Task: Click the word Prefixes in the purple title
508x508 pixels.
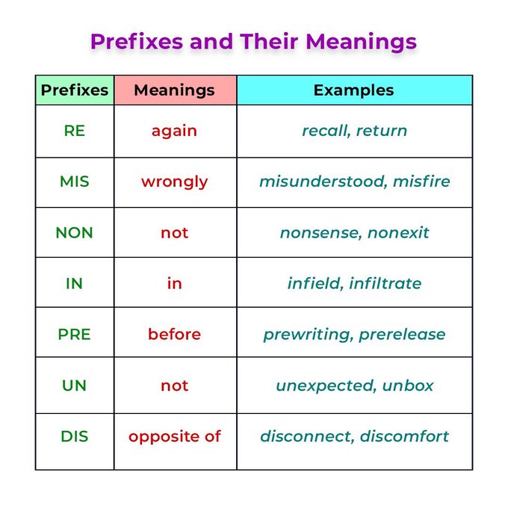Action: click(x=136, y=41)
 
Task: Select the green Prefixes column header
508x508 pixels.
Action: click(x=75, y=90)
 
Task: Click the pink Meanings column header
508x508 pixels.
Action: click(x=175, y=90)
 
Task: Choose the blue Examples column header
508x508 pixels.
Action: click(x=354, y=90)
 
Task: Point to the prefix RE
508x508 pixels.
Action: click(x=75, y=131)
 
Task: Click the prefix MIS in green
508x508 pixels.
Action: click(x=75, y=182)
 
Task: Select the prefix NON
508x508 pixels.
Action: click(x=75, y=232)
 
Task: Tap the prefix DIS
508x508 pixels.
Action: click(x=75, y=436)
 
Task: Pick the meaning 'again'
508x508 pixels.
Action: click(x=175, y=131)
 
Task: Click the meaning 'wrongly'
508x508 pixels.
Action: click(x=175, y=182)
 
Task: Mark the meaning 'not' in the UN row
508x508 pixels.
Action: click(x=175, y=385)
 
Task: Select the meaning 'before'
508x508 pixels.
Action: click(x=175, y=335)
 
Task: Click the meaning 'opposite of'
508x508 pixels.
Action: click(x=175, y=436)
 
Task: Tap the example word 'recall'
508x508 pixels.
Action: click(x=326, y=131)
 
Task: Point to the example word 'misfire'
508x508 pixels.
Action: click(x=421, y=182)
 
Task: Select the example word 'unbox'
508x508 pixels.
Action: click(x=408, y=385)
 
